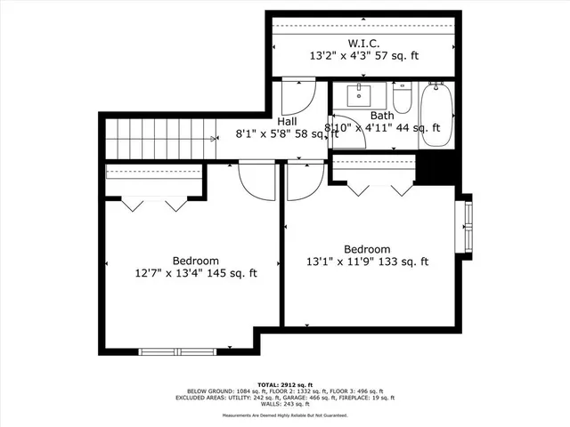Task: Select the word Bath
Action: [382, 116]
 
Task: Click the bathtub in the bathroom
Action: [436, 115]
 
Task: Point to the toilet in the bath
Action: [402, 99]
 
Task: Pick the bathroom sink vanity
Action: [362, 95]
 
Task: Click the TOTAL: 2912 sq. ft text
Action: [284, 383]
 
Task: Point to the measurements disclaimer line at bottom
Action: [284, 416]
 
